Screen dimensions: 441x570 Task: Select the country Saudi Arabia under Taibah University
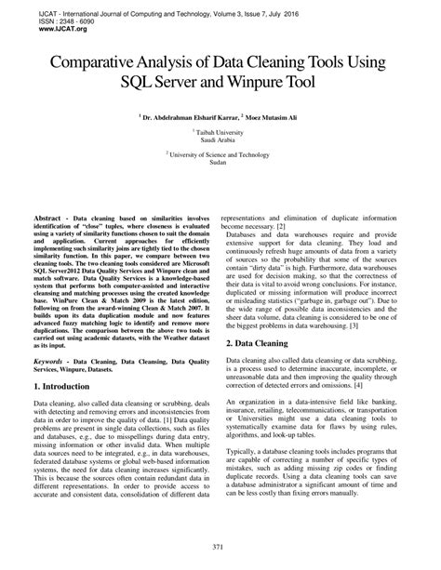220,142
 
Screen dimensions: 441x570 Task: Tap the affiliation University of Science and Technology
220,155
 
